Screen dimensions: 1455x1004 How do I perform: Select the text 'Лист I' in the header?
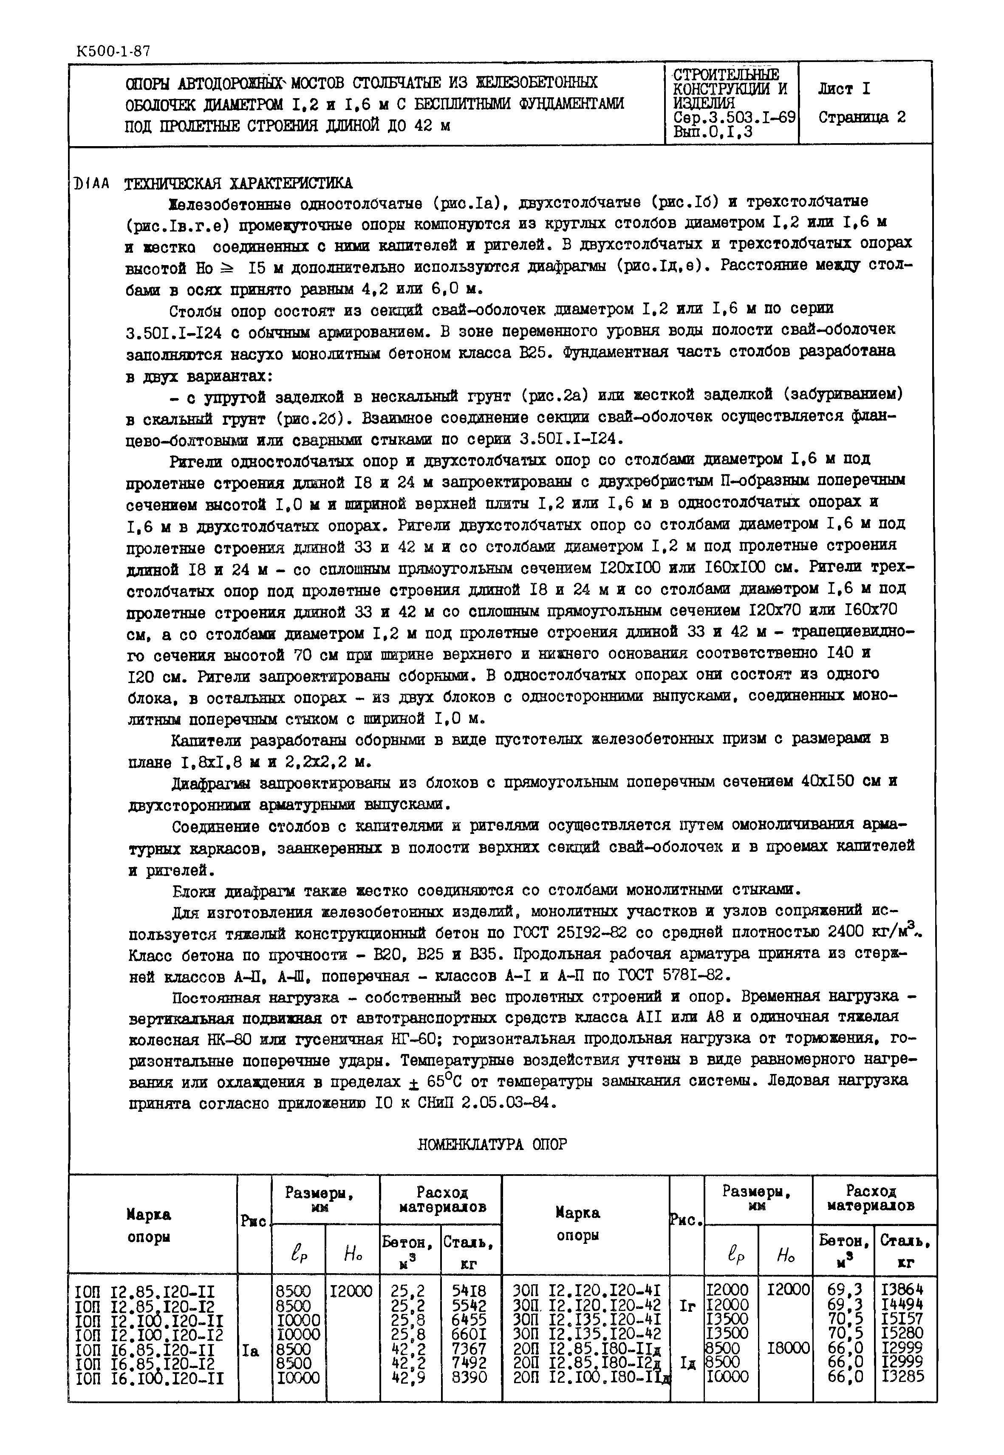(844, 89)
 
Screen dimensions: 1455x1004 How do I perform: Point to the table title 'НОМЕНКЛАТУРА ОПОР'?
(492, 1144)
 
